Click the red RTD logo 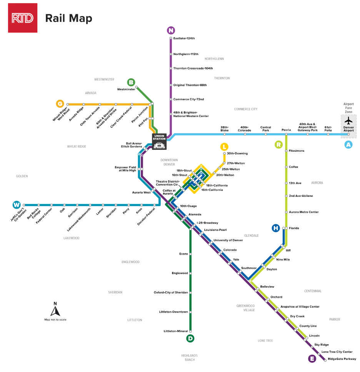coord(23,18)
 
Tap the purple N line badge coord(171,30)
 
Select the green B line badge coord(131,82)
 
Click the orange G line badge coord(60,104)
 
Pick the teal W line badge coord(17,204)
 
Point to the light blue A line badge coord(348,144)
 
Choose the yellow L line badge coord(224,147)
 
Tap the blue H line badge coord(275,228)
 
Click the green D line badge coord(190,338)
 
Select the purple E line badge coord(312,359)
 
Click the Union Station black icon coord(159,141)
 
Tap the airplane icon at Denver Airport coord(348,118)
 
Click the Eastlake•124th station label coord(184,39)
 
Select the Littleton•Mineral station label coord(176,331)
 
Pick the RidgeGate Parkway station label coord(342,359)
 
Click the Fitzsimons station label coord(297,151)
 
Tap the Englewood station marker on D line coord(190,273)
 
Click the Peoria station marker coord(286,134)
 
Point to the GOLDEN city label coord(22,176)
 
